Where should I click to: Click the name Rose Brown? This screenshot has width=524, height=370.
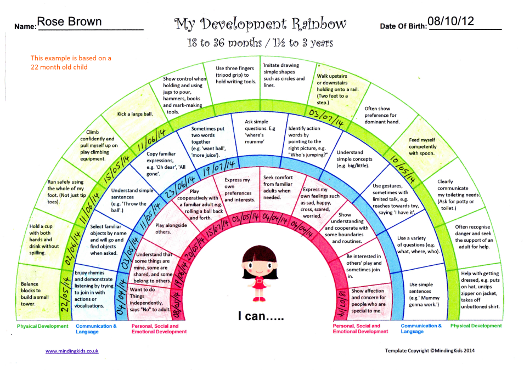click(x=69, y=22)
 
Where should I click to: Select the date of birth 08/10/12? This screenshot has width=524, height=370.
click(x=451, y=21)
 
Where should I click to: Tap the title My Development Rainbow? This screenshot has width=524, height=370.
click(x=261, y=24)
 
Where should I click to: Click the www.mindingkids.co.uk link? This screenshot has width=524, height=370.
click(x=72, y=351)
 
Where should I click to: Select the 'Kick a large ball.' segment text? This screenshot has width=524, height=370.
click(x=135, y=115)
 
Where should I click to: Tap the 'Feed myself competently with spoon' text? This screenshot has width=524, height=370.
click(x=422, y=146)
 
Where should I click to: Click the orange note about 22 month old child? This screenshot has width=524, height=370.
click(x=71, y=62)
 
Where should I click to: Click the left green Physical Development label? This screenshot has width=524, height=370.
click(x=43, y=326)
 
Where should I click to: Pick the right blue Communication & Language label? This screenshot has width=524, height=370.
click(x=421, y=328)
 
